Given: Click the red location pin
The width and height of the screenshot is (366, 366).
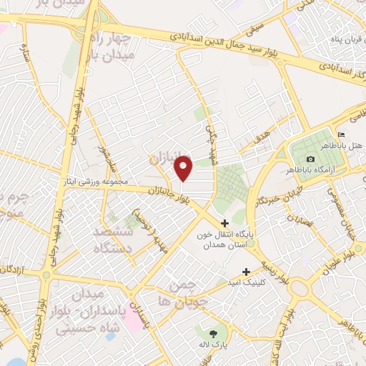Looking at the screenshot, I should (184, 168).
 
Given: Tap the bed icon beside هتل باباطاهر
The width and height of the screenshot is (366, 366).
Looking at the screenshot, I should (341, 135).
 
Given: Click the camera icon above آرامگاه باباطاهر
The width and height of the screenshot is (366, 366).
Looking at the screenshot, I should (310, 159).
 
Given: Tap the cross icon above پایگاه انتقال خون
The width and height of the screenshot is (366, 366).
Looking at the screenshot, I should (225, 223).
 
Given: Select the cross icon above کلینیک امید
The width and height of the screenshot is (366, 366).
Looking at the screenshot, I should (247, 272).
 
